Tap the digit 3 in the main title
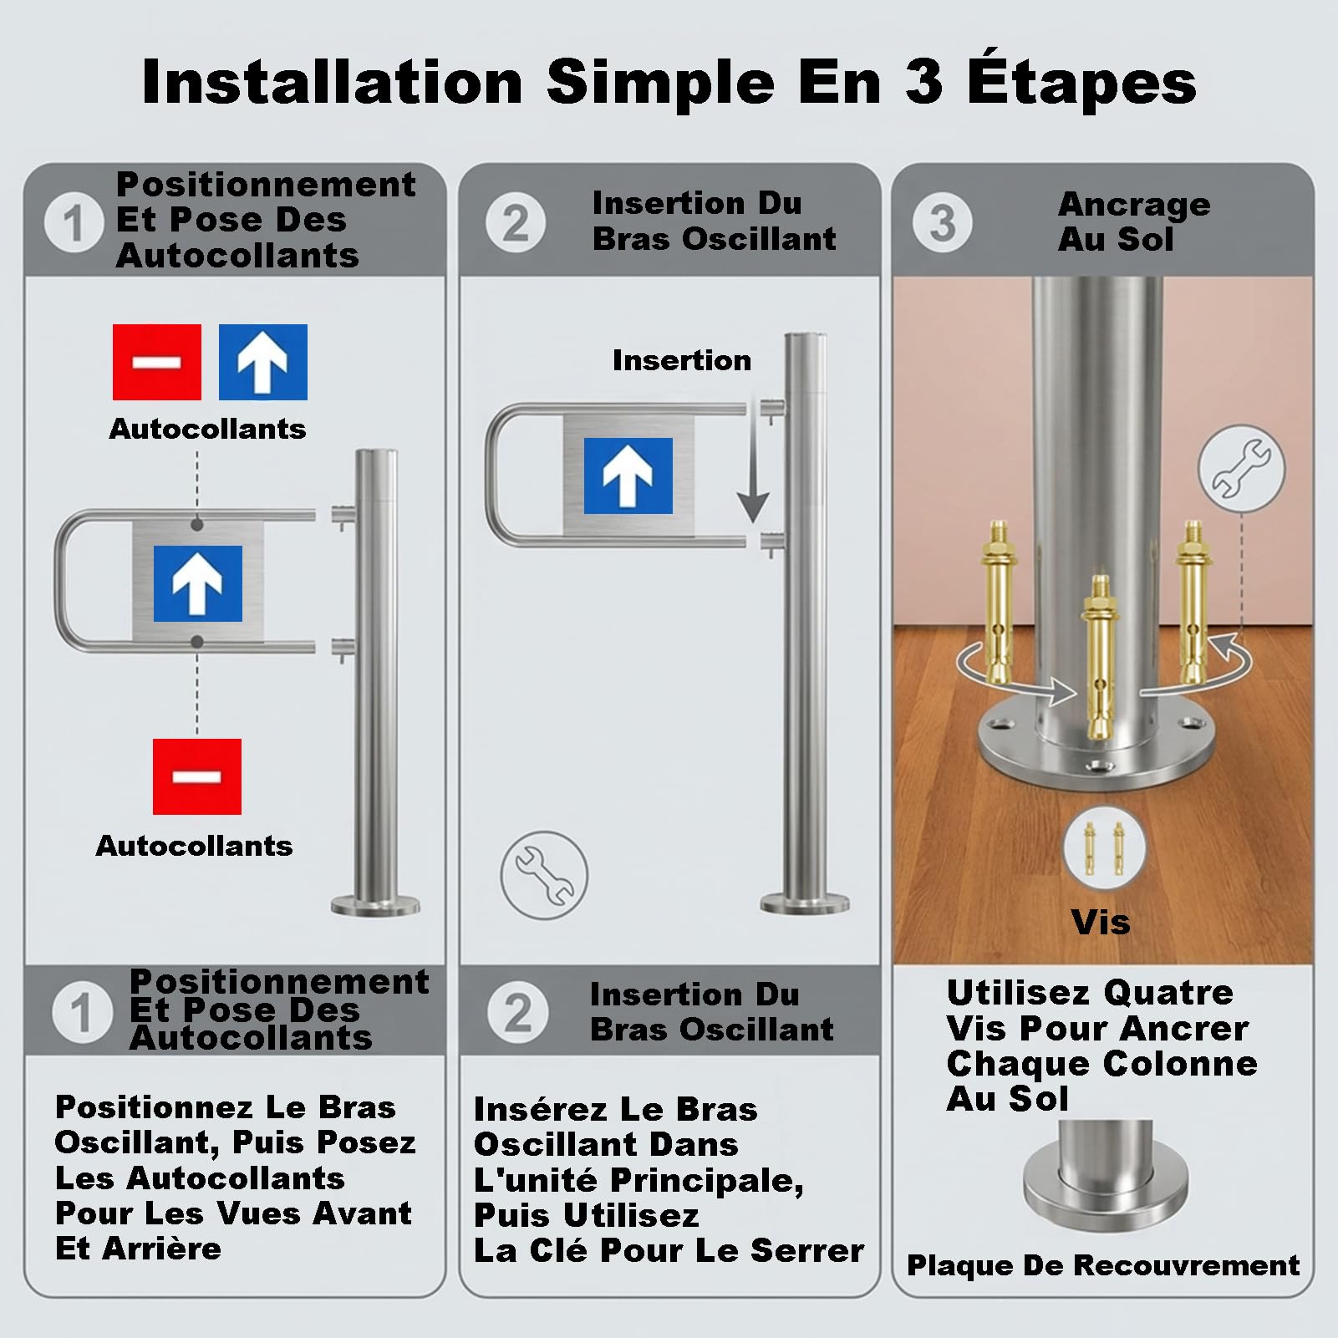click(923, 83)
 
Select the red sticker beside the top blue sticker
click(157, 362)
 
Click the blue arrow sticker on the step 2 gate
click(628, 476)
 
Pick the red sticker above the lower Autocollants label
click(197, 776)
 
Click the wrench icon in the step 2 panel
click(544, 875)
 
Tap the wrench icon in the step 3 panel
click(1241, 468)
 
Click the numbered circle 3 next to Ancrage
click(942, 223)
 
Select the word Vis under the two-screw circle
click(1100, 923)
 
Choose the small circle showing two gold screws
click(1104, 848)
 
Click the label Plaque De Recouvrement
click(1103, 1265)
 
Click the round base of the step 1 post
click(375, 905)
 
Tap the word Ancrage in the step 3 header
click(1134, 205)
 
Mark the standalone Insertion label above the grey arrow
click(682, 360)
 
